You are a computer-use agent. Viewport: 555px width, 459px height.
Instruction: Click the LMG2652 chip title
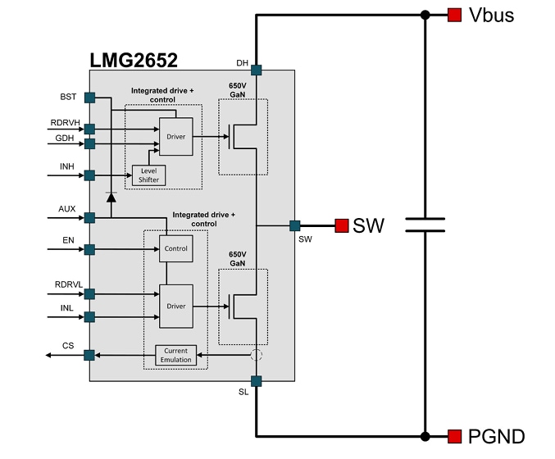[133, 60]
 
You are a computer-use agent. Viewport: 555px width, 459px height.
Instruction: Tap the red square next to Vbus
[453, 15]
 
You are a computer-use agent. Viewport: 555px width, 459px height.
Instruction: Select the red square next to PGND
[453, 436]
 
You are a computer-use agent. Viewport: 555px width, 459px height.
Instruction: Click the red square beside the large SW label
[341, 225]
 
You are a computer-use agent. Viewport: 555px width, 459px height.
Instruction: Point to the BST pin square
[89, 98]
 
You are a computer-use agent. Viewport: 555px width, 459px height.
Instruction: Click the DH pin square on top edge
[256, 70]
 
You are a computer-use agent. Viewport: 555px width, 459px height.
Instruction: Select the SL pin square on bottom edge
[256, 380]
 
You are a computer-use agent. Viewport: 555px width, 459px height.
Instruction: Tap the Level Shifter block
[148, 175]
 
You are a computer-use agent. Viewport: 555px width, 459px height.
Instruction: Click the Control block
[176, 248]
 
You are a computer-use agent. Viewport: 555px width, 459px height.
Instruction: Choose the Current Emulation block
[176, 355]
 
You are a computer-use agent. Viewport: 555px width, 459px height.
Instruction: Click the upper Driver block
[176, 136]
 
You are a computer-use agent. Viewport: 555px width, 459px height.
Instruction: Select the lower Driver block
[176, 306]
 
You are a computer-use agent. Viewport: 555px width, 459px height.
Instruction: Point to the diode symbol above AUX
[111, 197]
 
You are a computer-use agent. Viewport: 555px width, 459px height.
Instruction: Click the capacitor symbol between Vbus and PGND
[425, 225]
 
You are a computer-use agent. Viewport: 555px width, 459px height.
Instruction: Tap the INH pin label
[66, 167]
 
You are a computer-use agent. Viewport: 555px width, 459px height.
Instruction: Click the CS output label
[68, 347]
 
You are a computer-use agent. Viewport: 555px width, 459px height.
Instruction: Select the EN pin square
[89, 249]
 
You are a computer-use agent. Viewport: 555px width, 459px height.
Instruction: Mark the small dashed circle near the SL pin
[256, 356]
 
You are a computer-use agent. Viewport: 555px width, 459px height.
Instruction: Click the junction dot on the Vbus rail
[425, 15]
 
